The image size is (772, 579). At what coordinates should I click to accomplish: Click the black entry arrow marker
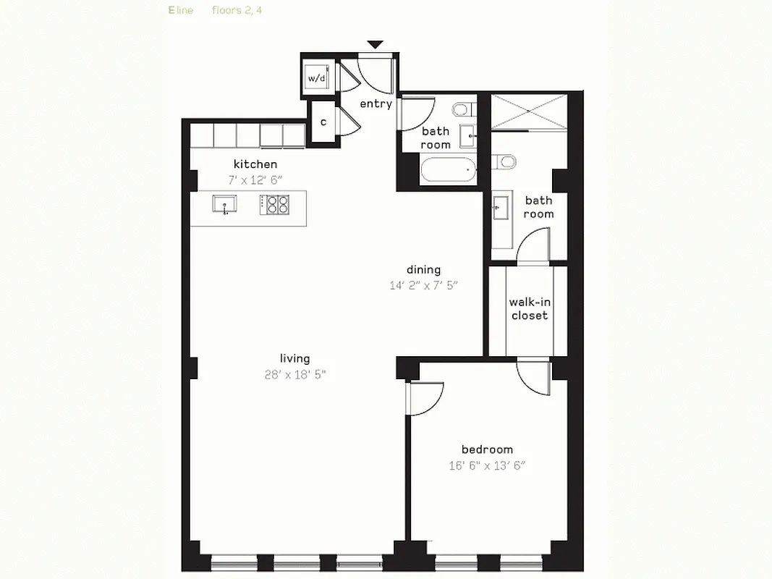[375, 45]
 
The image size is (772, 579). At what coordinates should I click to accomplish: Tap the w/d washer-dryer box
[317, 77]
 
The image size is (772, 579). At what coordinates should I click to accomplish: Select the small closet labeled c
[323, 122]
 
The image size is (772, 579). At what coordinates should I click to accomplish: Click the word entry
[376, 104]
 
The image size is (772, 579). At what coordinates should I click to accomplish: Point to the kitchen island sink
[224, 204]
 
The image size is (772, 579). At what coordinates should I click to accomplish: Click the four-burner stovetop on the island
[274, 205]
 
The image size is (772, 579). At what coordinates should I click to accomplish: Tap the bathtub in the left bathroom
[449, 172]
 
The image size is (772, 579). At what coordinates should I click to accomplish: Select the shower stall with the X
[527, 112]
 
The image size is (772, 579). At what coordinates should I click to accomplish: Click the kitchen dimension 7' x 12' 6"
[255, 179]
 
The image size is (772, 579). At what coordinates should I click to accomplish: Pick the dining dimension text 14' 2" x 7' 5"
[423, 285]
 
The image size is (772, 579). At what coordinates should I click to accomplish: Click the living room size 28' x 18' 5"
[295, 374]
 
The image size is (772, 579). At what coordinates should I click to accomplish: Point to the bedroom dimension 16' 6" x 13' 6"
[487, 465]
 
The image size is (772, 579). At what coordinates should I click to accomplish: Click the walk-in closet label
[529, 309]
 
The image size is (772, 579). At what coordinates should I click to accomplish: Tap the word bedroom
[487, 449]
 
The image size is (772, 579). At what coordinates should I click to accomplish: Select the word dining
[423, 270]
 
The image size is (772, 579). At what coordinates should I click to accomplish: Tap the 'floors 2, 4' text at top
[237, 10]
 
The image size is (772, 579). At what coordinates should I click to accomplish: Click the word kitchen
[255, 164]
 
